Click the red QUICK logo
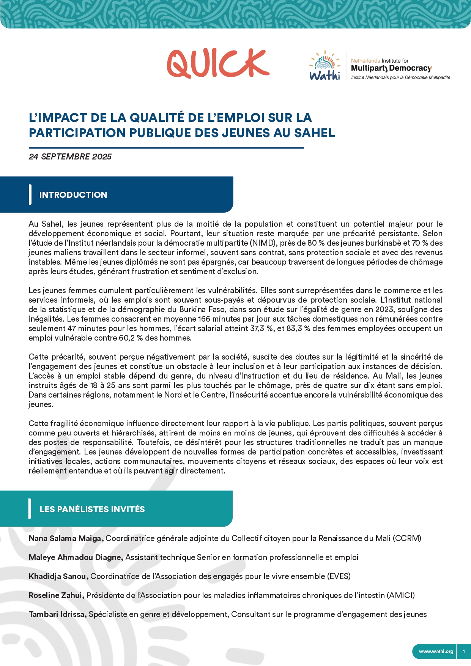(218, 63)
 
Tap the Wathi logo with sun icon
(325, 65)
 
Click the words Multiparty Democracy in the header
(391, 68)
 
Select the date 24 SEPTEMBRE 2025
(70, 157)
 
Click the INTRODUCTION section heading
(73, 195)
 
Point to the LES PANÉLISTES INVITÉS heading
(92, 509)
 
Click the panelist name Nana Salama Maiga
(66, 538)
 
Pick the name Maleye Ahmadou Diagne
(76, 557)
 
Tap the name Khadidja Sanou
(58, 576)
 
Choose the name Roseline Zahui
(56, 595)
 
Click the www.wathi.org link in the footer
(436, 652)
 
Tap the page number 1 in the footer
(464, 652)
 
